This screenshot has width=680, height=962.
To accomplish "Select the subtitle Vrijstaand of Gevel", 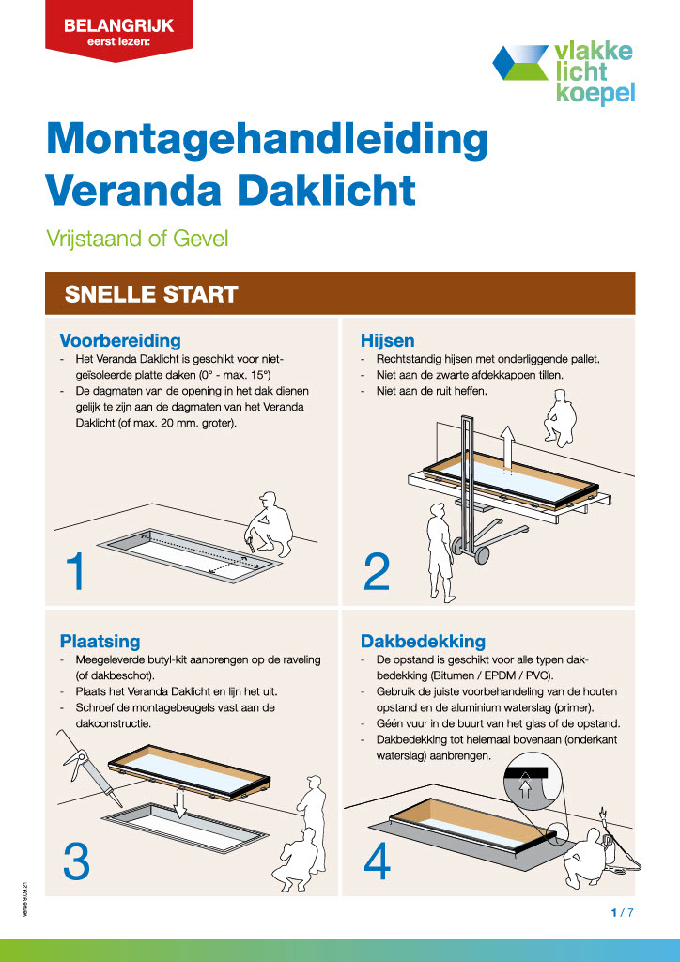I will [x=137, y=239].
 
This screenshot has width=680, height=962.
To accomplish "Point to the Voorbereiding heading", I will [x=119, y=340].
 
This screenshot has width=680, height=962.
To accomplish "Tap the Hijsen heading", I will [x=387, y=340].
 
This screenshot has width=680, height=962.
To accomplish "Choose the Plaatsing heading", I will [x=100, y=641].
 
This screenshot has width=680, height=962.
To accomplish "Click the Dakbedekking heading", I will [x=423, y=641].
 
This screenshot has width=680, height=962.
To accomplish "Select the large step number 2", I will [x=377, y=572].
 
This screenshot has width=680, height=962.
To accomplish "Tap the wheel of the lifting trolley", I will [x=482, y=555].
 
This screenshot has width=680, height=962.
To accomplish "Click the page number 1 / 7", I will [x=623, y=912].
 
